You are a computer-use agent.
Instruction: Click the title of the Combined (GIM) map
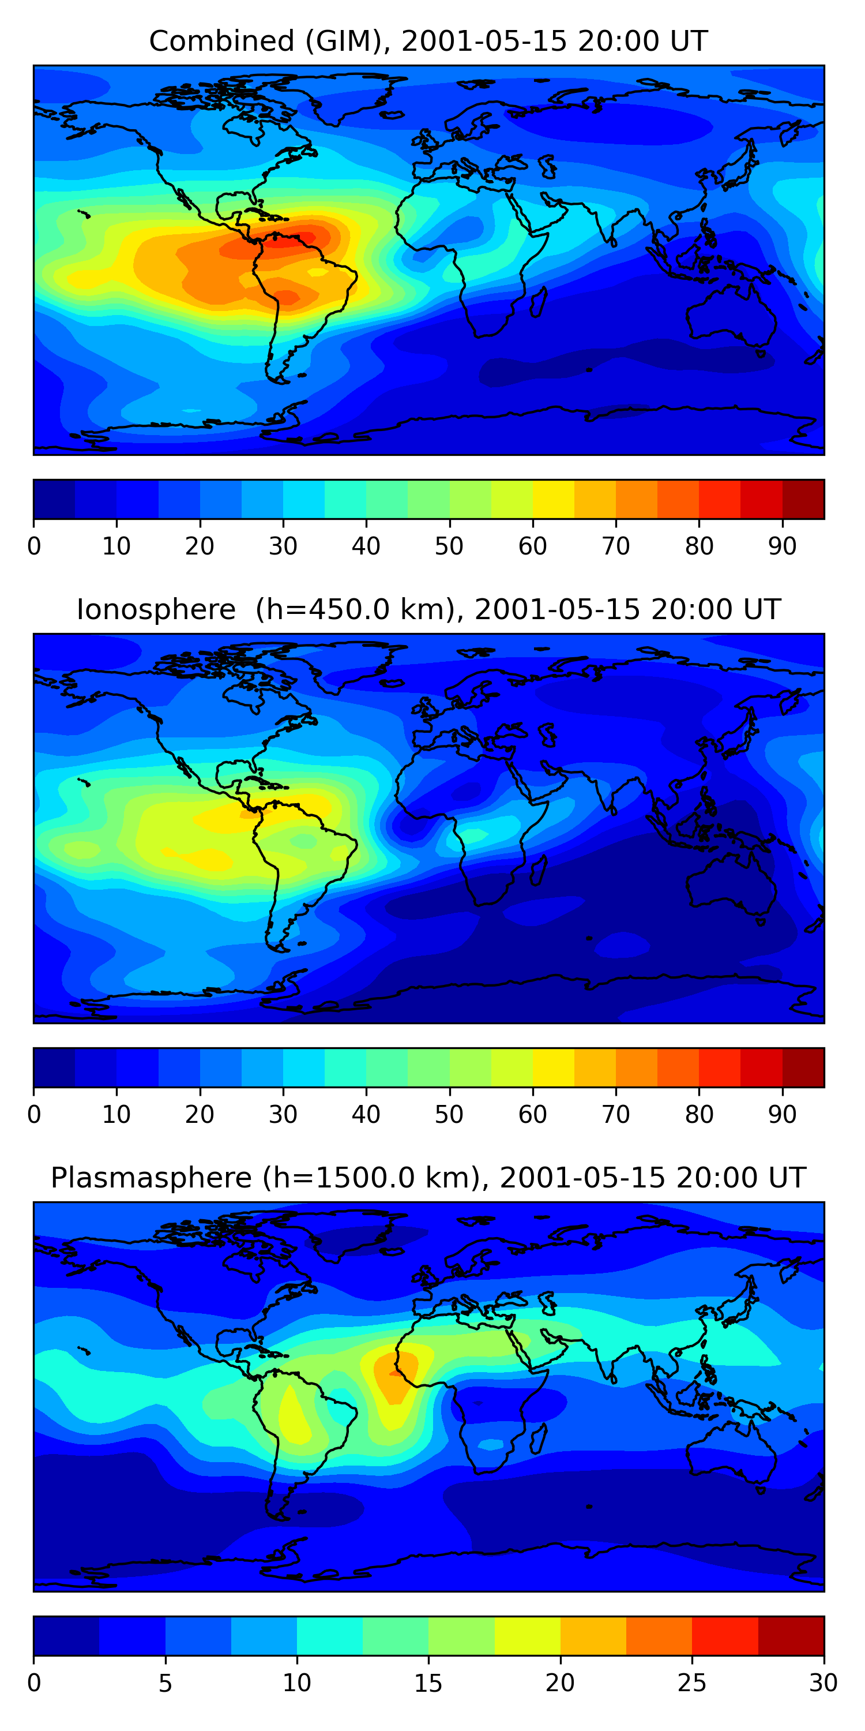(x=428, y=42)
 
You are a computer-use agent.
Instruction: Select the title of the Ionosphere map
(x=428, y=610)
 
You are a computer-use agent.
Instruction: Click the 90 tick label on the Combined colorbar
(x=783, y=546)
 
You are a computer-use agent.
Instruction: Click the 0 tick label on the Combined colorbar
(x=34, y=546)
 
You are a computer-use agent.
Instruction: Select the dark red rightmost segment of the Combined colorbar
(x=803, y=499)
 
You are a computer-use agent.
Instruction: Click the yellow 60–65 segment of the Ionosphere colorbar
(x=554, y=1067)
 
